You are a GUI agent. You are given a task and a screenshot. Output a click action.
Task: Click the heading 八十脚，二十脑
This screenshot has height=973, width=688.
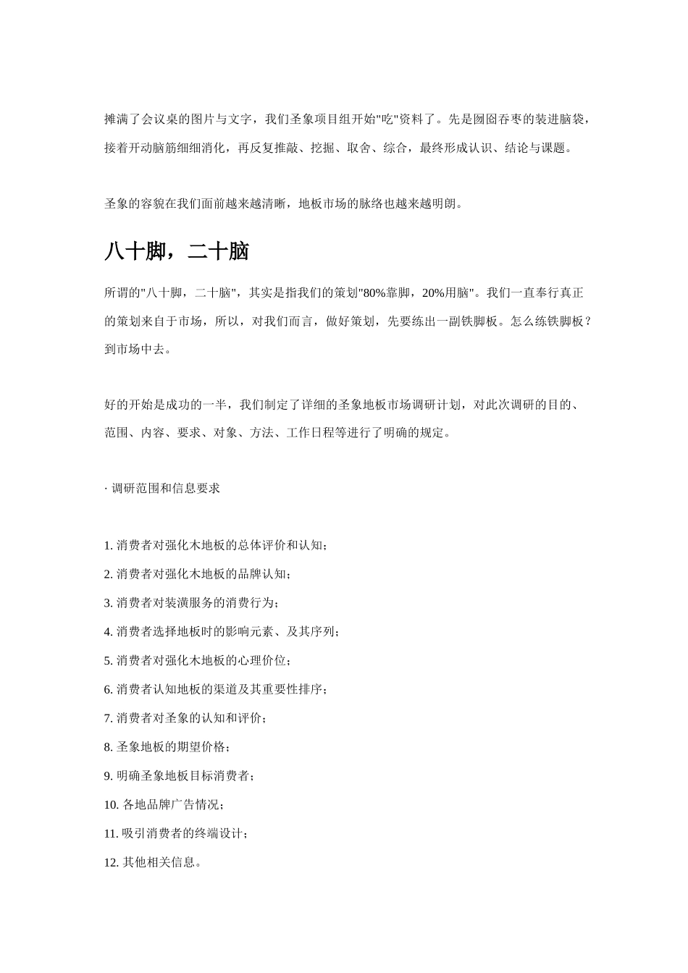177,252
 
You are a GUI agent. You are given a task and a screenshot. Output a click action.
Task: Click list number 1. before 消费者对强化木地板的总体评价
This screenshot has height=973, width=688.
109,545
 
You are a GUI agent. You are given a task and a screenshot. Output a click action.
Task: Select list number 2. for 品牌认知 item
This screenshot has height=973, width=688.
109,574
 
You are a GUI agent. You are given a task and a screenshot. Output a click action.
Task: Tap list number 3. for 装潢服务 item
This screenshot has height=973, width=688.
109,603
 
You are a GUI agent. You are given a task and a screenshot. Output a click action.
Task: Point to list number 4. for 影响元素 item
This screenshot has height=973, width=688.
109,632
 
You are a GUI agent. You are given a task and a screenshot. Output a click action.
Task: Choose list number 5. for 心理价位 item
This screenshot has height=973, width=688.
109,661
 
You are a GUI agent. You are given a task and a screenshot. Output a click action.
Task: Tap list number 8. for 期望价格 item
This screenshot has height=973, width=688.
109,747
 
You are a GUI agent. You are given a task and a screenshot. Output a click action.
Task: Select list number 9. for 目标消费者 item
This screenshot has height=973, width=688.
109,776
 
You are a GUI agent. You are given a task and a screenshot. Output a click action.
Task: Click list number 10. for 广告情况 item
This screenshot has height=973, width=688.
112,805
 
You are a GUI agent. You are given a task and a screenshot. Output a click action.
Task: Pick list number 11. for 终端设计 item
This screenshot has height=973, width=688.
112,834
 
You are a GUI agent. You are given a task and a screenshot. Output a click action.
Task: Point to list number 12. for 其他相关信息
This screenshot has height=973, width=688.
112,863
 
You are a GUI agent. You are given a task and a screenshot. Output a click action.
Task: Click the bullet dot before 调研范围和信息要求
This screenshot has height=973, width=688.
106,489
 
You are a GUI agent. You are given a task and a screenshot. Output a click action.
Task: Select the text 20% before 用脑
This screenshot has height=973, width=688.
432,293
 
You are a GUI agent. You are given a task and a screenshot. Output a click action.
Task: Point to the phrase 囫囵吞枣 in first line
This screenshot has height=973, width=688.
498,119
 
